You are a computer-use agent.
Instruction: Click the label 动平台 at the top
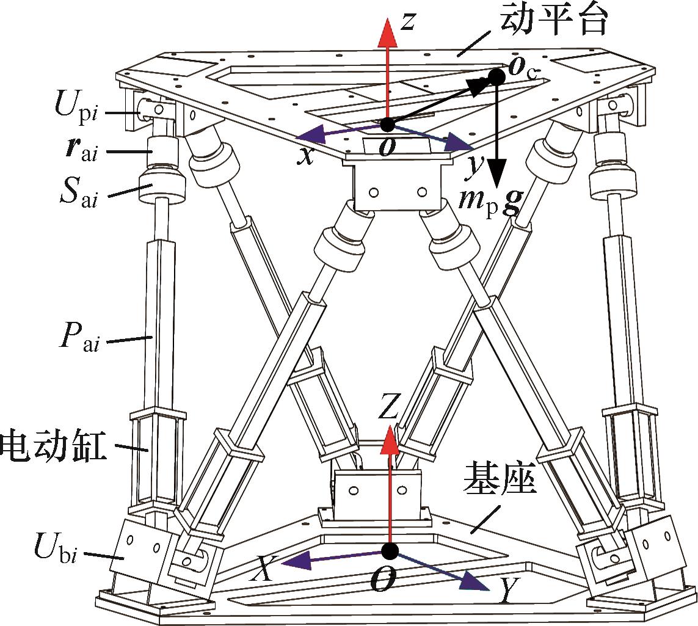[x=554, y=21]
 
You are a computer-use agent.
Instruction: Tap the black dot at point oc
[x=497, y=77]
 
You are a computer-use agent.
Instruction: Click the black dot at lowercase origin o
[x=387, y=125]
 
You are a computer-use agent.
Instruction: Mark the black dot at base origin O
[x=389, y=551]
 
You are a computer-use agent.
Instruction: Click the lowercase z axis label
[x=409, y=22]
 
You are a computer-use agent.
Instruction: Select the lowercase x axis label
[x=305, y=156]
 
